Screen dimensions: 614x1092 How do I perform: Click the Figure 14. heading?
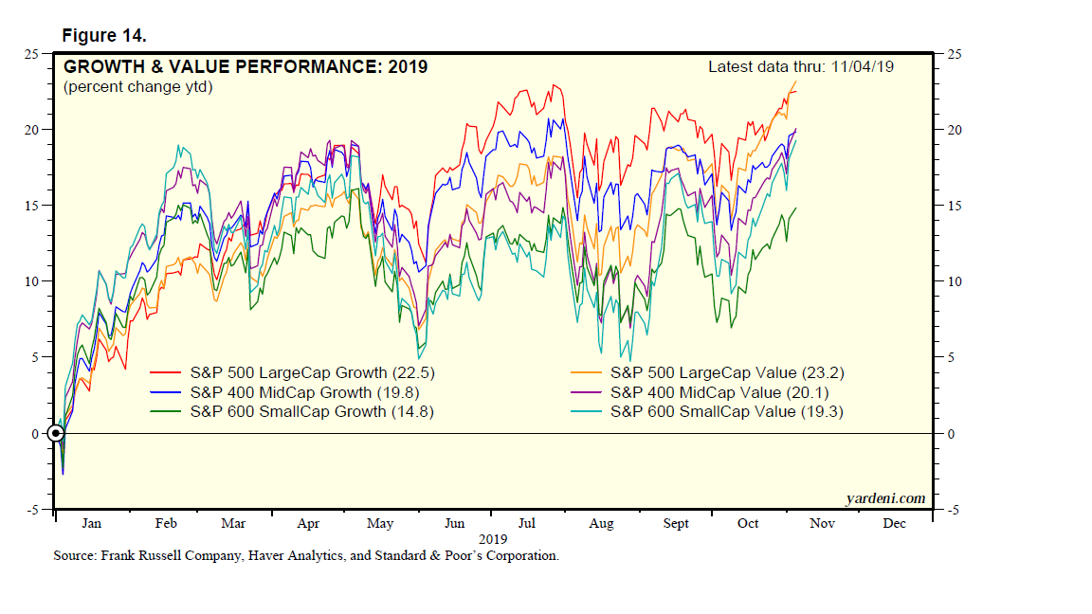coord(104,35)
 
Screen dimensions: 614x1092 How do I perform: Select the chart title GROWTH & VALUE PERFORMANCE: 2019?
coord(246,67)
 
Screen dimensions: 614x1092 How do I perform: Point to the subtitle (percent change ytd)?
coord(137,87)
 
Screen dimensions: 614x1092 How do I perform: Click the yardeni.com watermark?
coord(884,498)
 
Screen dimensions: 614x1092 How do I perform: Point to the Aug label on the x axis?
coord(601,523)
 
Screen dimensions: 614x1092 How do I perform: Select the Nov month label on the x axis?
coord(820,523)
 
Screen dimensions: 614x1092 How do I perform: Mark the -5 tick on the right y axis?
coord(949,511)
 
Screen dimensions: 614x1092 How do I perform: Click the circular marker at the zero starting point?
coord(57,434)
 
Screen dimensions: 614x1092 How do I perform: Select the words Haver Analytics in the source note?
coord(293,556)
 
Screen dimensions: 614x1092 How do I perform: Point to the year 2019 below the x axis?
coord(491,537)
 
